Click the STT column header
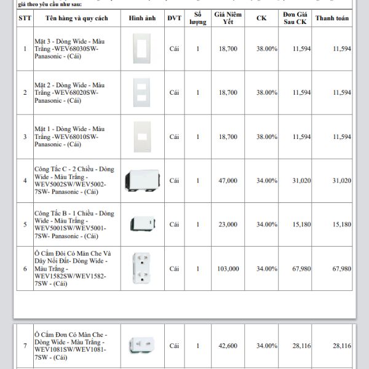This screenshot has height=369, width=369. (25, 18)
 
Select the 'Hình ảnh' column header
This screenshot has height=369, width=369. (142, 18)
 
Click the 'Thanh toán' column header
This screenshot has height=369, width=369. (331, 18)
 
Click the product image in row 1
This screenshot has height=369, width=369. (142, 49)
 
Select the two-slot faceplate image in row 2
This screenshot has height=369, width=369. (142, 92)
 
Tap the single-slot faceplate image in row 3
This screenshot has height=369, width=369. (142, 136)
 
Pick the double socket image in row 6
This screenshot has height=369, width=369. (142, 269)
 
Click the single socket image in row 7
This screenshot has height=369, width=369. (142, 345)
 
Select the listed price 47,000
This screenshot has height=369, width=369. (228, 181)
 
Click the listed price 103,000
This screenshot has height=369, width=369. (228, 269)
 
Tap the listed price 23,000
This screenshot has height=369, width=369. (228, 224)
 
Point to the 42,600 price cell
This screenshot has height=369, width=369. (228, 346)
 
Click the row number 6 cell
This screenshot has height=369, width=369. (25, 269)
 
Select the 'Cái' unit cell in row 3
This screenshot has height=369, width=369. (174, 137)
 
